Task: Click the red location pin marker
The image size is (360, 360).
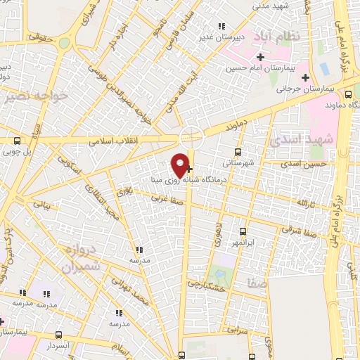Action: (x=181, y=165)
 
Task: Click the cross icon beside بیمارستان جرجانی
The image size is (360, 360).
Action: (x=304, y=77)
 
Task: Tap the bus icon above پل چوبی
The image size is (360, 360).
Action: (x=17, y=140)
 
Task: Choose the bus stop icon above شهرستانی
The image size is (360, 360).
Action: (x=238, y=151)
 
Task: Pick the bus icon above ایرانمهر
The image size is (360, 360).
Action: (x=243, y=231)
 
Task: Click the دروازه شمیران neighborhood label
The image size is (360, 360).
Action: (x=79, y=258)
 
